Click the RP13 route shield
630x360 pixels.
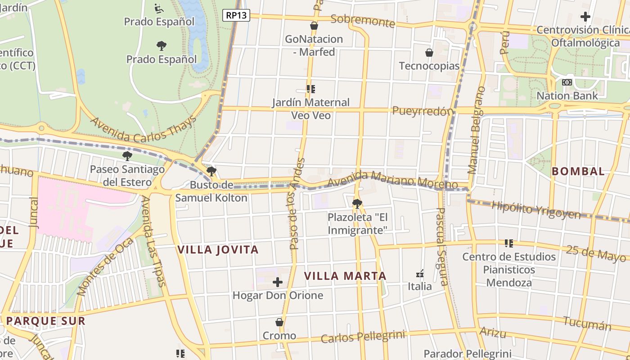tap(236, 15)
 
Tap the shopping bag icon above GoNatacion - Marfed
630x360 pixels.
tap(314, 26)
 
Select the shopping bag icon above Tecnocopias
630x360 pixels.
tap(429, 53)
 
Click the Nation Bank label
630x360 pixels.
tap(567, 95)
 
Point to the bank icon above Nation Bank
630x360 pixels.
tap(567, 82)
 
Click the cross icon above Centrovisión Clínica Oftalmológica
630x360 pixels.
tap(585, 17)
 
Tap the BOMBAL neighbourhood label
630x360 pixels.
tap(578, 171)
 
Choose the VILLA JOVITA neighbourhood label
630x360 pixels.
tap(218, 250)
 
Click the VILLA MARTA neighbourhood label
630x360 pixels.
tap(345, 276)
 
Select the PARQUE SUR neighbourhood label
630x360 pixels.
tap(45, 321)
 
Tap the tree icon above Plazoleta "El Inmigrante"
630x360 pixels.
tap(357, 204)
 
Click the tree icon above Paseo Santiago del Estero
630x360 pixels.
tap(127, 156)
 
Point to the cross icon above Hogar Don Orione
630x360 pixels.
tap(278, 282)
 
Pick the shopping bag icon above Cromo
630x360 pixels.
tap(279, 322)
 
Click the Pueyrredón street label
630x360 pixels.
tap(423, 111)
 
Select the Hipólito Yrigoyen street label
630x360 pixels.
tap(536, 209)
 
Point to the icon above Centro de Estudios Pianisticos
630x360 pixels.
tap(509, 243)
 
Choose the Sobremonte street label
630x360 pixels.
tap(362, 20)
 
